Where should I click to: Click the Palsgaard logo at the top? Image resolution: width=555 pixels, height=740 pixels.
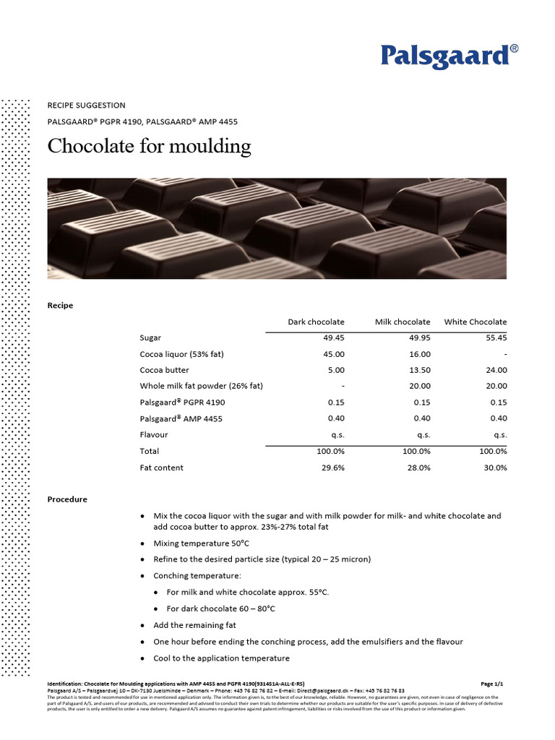[449, 56]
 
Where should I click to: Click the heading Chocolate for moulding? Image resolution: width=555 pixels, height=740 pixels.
[149, 146]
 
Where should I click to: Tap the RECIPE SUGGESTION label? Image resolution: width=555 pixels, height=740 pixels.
[86, 106]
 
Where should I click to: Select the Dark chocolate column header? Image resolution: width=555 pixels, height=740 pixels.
[316, 322]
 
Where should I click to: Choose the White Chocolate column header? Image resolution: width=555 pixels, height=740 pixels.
[475, 322]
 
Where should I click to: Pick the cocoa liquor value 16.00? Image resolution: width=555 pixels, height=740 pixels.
[419, 354]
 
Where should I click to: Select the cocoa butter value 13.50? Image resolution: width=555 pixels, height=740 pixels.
[419, 370]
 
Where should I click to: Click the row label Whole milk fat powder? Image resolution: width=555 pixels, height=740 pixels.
[201, 386]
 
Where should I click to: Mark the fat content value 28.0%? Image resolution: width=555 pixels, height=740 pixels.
[418, 468]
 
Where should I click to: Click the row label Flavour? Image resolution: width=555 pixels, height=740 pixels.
[153, 435]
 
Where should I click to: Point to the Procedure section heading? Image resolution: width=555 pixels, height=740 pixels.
[67, 499]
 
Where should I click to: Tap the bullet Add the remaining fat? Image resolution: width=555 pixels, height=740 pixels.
[194, 625]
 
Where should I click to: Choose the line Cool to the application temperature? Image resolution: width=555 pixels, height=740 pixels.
[221, 658]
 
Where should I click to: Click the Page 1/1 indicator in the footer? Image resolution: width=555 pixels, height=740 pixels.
[491, 683]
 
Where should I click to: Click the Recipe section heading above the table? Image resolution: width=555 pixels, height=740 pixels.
[60, 305]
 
